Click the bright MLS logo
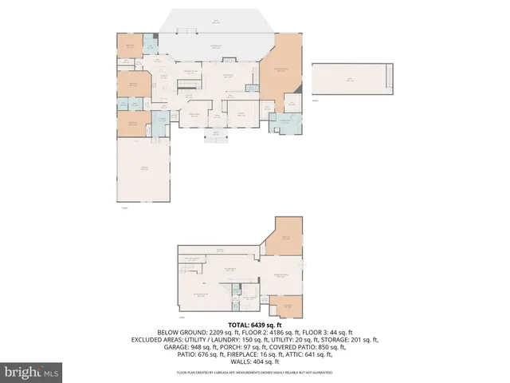point(32,372)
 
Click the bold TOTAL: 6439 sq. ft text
point(255,325)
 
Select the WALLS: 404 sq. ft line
point(255,361)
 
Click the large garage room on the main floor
point(144,169)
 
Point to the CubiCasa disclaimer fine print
point(255,373)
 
